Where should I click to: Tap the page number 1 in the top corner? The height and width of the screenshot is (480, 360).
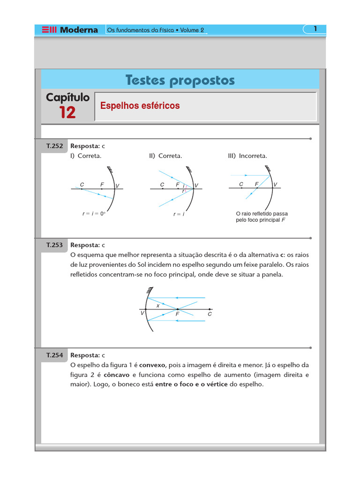315,29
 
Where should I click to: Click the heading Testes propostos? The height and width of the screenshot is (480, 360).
180,81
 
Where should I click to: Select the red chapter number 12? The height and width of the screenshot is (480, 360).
67,112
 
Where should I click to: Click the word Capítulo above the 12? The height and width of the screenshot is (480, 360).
67,97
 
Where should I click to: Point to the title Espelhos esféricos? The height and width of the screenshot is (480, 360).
140,106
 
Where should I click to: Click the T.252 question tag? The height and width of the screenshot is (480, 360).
54,146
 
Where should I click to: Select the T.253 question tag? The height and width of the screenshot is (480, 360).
54,245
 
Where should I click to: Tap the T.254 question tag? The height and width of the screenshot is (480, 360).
54,355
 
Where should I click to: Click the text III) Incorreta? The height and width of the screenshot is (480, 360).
247,156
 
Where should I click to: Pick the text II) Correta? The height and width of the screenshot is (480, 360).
165,156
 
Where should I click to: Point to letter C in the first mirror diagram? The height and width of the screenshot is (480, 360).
82,185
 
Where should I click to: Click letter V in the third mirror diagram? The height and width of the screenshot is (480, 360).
275,185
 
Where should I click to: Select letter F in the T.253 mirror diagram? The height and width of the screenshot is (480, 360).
178,314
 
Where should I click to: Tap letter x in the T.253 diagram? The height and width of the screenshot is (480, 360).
158,305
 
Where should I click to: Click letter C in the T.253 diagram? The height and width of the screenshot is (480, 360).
210,314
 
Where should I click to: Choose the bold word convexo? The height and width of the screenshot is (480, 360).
152,365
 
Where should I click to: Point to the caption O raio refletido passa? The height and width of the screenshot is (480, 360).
262,214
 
